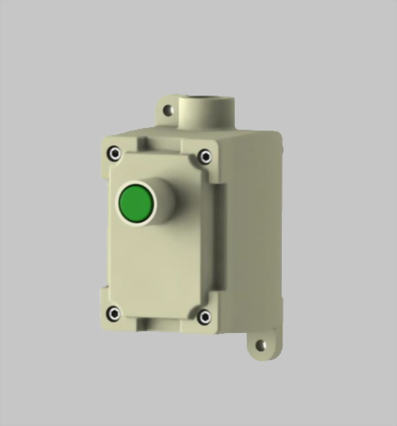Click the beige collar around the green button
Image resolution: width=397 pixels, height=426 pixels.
(x=164, y=198)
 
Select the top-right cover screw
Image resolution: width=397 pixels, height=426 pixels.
(x=205, y=156)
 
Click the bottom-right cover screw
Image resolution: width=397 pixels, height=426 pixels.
(x=204, y=317)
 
